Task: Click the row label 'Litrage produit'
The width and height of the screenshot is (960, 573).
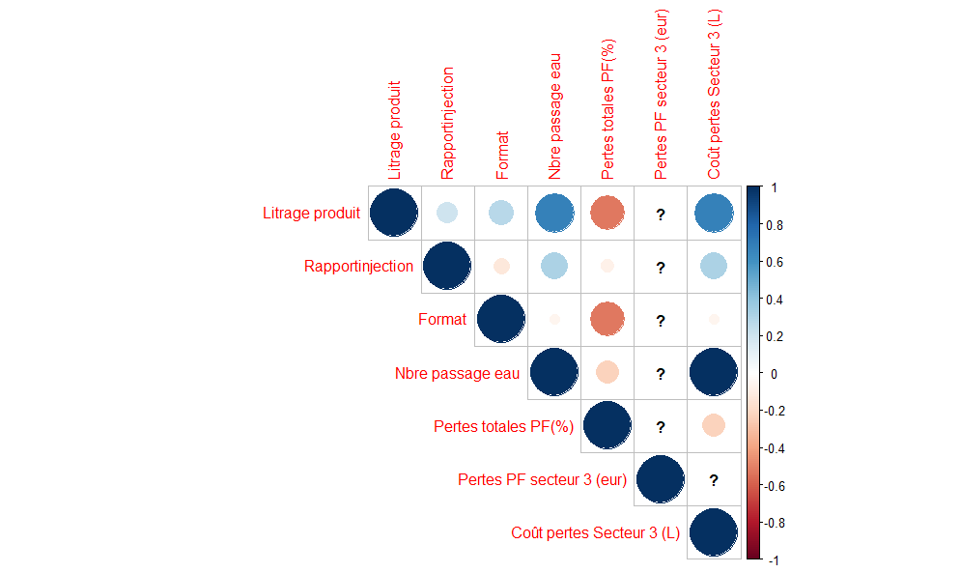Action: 311,214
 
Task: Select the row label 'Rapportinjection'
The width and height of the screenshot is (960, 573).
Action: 358,266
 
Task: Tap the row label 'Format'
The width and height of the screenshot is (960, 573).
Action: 442,319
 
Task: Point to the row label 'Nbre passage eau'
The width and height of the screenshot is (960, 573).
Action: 457,373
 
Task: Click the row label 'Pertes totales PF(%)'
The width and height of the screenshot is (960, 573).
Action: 503,426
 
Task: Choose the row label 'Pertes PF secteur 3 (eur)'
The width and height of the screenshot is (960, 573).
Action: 542,479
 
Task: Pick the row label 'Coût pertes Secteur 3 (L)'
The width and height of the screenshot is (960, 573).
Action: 595,532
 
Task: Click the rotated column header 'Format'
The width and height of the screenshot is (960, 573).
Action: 502,155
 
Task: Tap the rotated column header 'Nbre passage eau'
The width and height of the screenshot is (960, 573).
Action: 554,117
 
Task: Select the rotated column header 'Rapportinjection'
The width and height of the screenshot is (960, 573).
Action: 447,123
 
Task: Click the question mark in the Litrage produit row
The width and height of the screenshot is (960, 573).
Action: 661,215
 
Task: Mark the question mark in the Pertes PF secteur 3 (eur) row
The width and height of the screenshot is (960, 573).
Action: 714,480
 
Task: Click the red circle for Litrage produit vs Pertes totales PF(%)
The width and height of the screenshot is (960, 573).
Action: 607,213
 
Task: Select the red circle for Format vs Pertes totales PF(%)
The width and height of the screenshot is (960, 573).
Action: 607,319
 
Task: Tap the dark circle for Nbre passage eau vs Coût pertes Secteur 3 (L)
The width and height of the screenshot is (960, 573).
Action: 714,373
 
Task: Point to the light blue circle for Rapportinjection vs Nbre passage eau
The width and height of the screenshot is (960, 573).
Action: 554,266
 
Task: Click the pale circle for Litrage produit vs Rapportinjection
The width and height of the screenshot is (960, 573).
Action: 447,213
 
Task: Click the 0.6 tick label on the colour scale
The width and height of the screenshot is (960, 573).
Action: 775,262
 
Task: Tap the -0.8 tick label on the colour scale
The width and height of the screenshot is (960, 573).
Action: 773,524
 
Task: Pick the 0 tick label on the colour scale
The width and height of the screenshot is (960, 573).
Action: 774,374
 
